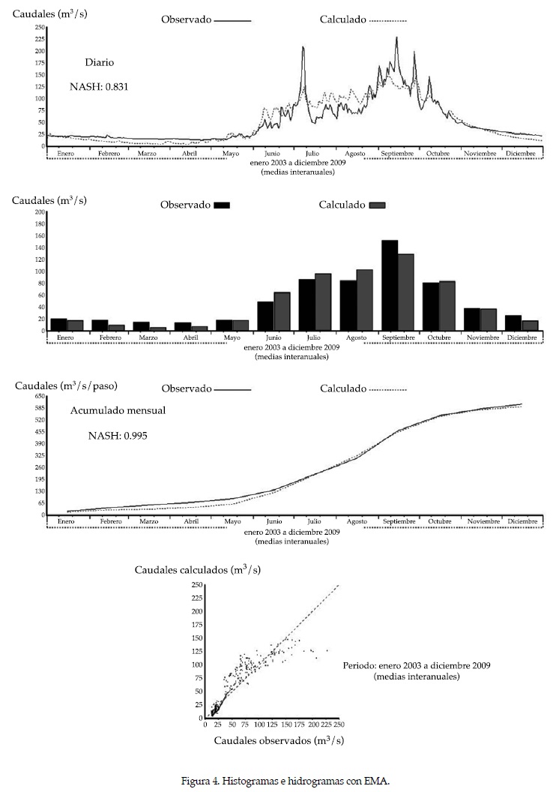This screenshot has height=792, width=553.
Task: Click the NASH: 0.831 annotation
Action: tap(99, 86)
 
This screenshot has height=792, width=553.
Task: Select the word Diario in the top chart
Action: tap(99, 63)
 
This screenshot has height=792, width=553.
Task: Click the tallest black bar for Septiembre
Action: tap(390, 285)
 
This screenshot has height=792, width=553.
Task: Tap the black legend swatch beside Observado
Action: tap(222, 205)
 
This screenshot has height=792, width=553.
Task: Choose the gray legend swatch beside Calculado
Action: tap(377, 205)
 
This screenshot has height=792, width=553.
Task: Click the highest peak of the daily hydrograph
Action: tap(396, 38)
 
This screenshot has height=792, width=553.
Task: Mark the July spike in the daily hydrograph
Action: tap(303, 48)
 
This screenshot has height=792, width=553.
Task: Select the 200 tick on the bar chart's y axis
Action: tap(40, 212)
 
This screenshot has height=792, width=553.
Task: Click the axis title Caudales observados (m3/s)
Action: tap(274, 741)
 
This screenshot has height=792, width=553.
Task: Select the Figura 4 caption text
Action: tap(285, 781)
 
